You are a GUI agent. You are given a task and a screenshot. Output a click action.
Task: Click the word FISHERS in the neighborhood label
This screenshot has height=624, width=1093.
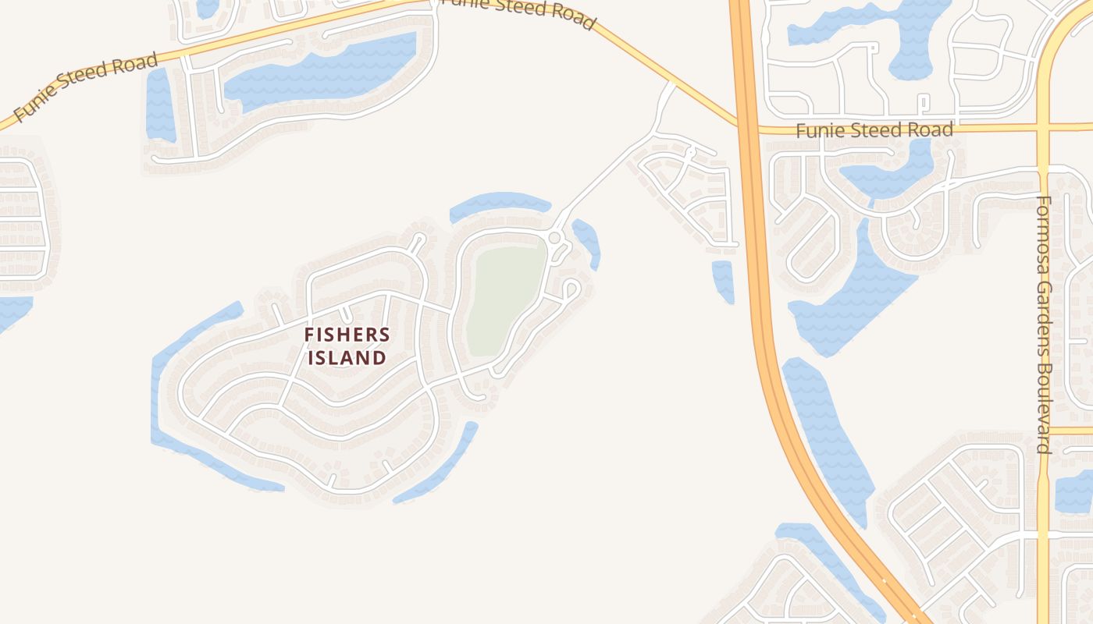click(347, 335)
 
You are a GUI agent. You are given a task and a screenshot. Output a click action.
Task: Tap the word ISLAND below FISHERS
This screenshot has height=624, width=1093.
click(347, 358)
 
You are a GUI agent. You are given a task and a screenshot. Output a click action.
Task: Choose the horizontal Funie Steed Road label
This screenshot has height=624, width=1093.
click(874, 129)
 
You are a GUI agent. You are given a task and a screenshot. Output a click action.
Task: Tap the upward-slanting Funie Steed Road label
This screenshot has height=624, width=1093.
click(86, 87)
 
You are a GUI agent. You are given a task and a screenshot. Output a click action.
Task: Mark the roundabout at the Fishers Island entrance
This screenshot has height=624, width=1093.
click(554, 237)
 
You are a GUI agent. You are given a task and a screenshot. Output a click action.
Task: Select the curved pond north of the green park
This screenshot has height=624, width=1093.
click(500, 204)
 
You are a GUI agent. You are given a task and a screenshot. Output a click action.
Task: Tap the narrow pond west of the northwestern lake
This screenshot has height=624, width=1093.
click(159, 105)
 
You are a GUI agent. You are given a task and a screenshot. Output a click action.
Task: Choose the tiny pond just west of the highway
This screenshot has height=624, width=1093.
click(723, 281)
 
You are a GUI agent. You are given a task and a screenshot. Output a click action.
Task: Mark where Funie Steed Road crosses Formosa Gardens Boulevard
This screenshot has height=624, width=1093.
click(1044, 126)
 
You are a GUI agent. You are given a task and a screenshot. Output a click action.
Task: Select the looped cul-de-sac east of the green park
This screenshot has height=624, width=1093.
click(571, 289)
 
